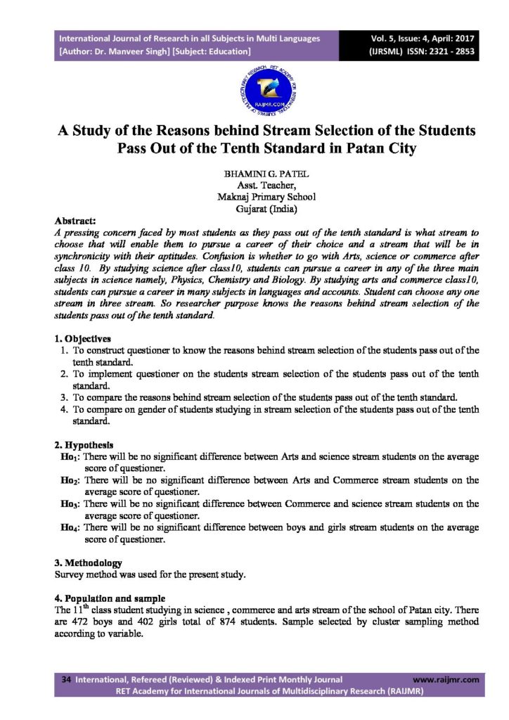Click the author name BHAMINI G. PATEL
(255, 173)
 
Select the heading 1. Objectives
(83, 338)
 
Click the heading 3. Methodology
(88, 563)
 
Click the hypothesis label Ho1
(70, 457)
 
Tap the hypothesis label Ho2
(70, 481)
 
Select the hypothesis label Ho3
(70, 505)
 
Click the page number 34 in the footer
(67, 680)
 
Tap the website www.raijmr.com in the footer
(446, 680)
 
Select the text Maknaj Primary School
(256, 196)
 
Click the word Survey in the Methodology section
(70, 575)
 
